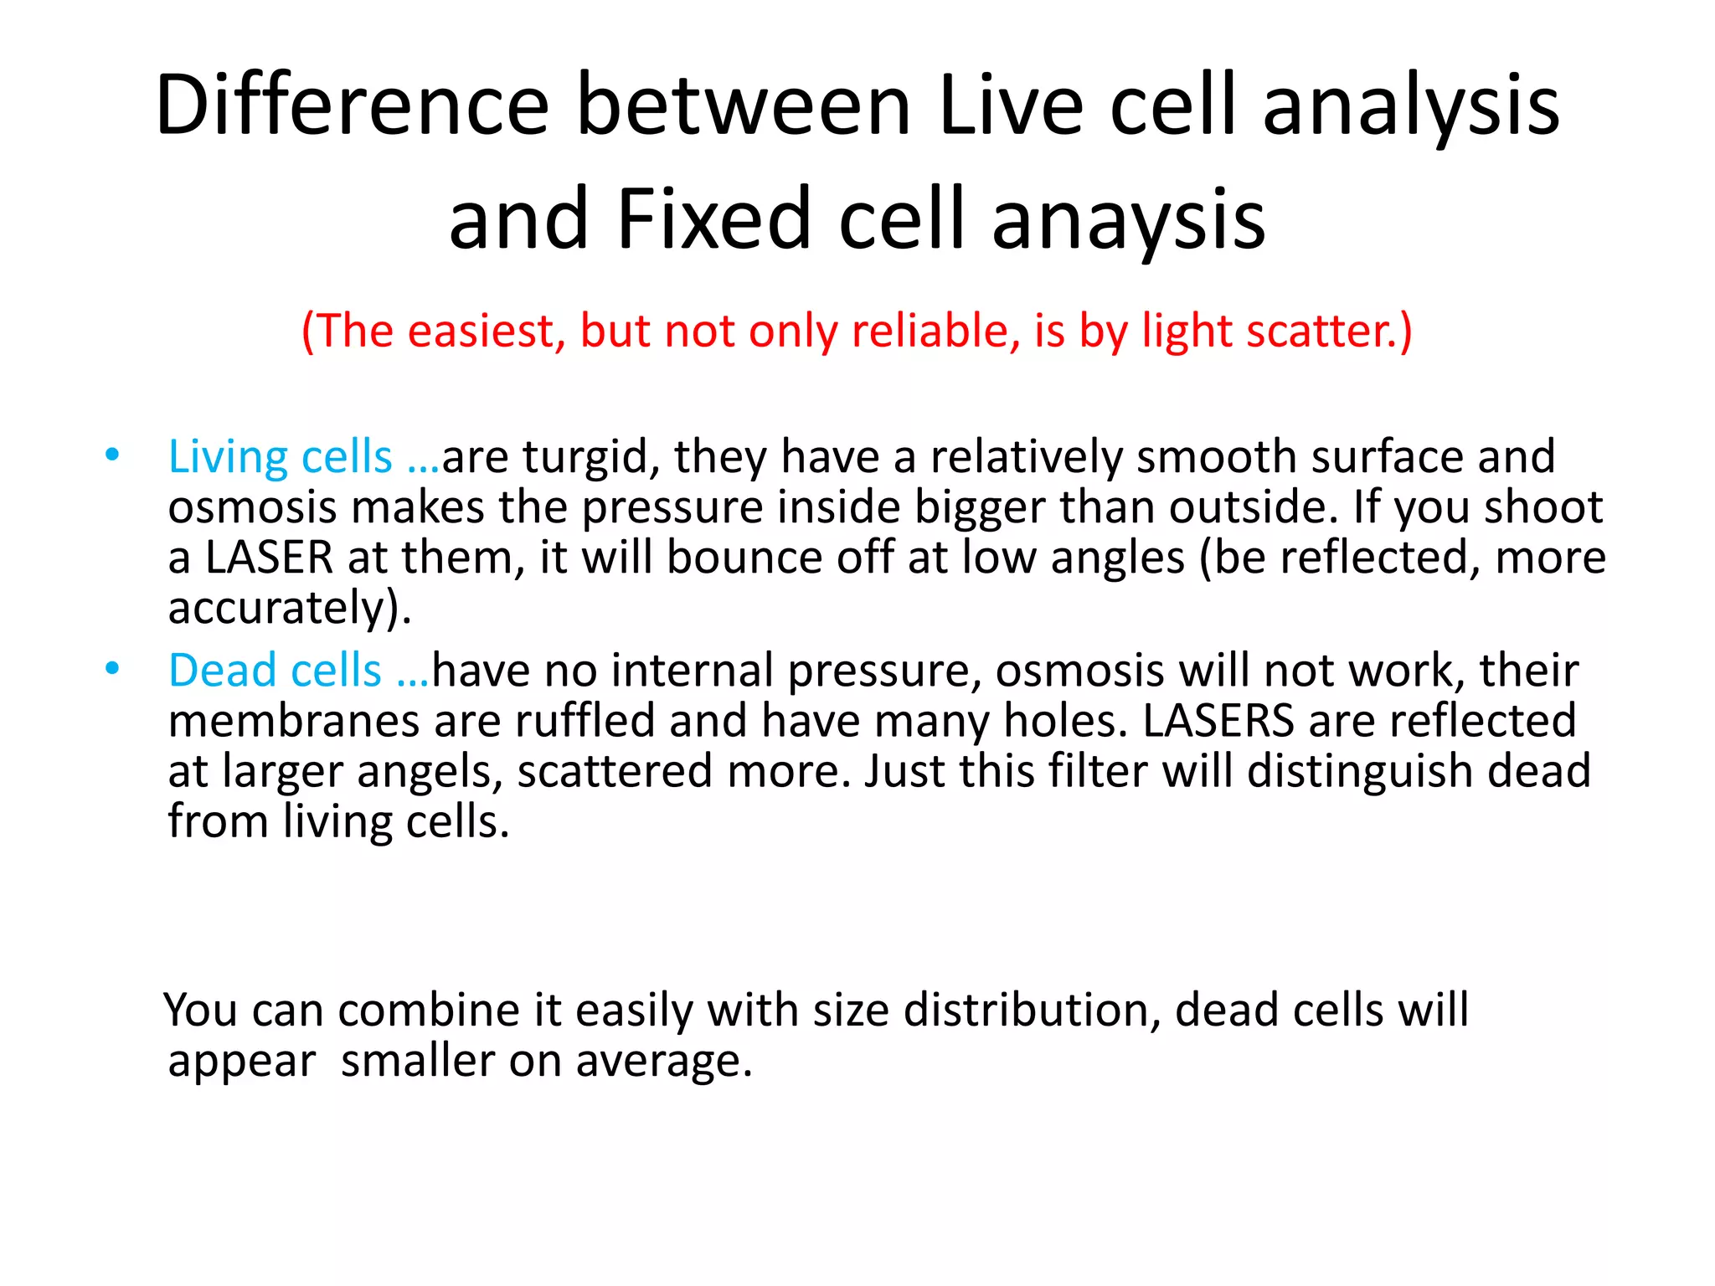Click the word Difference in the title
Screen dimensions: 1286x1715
[352, 105]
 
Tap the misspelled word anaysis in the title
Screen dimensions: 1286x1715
[1128, 219]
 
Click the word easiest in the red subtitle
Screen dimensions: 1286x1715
[482, 331]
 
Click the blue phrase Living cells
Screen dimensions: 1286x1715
[280, 457]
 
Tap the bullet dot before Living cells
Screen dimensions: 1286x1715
[112, 455]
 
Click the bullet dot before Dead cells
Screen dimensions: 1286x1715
[112, 668]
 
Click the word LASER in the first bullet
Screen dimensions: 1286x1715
[269, 558]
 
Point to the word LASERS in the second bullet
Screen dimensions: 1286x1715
[1218, 721]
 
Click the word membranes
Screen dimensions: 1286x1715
[293, 721]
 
